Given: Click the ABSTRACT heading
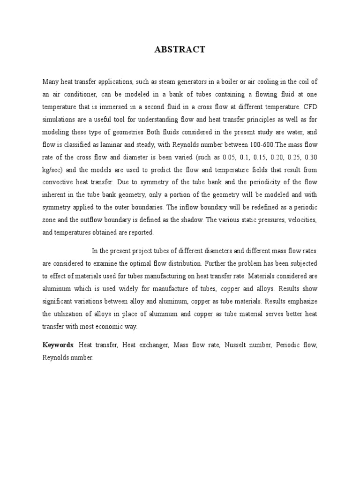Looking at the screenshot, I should pyautogui.click(x=180, y=50).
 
